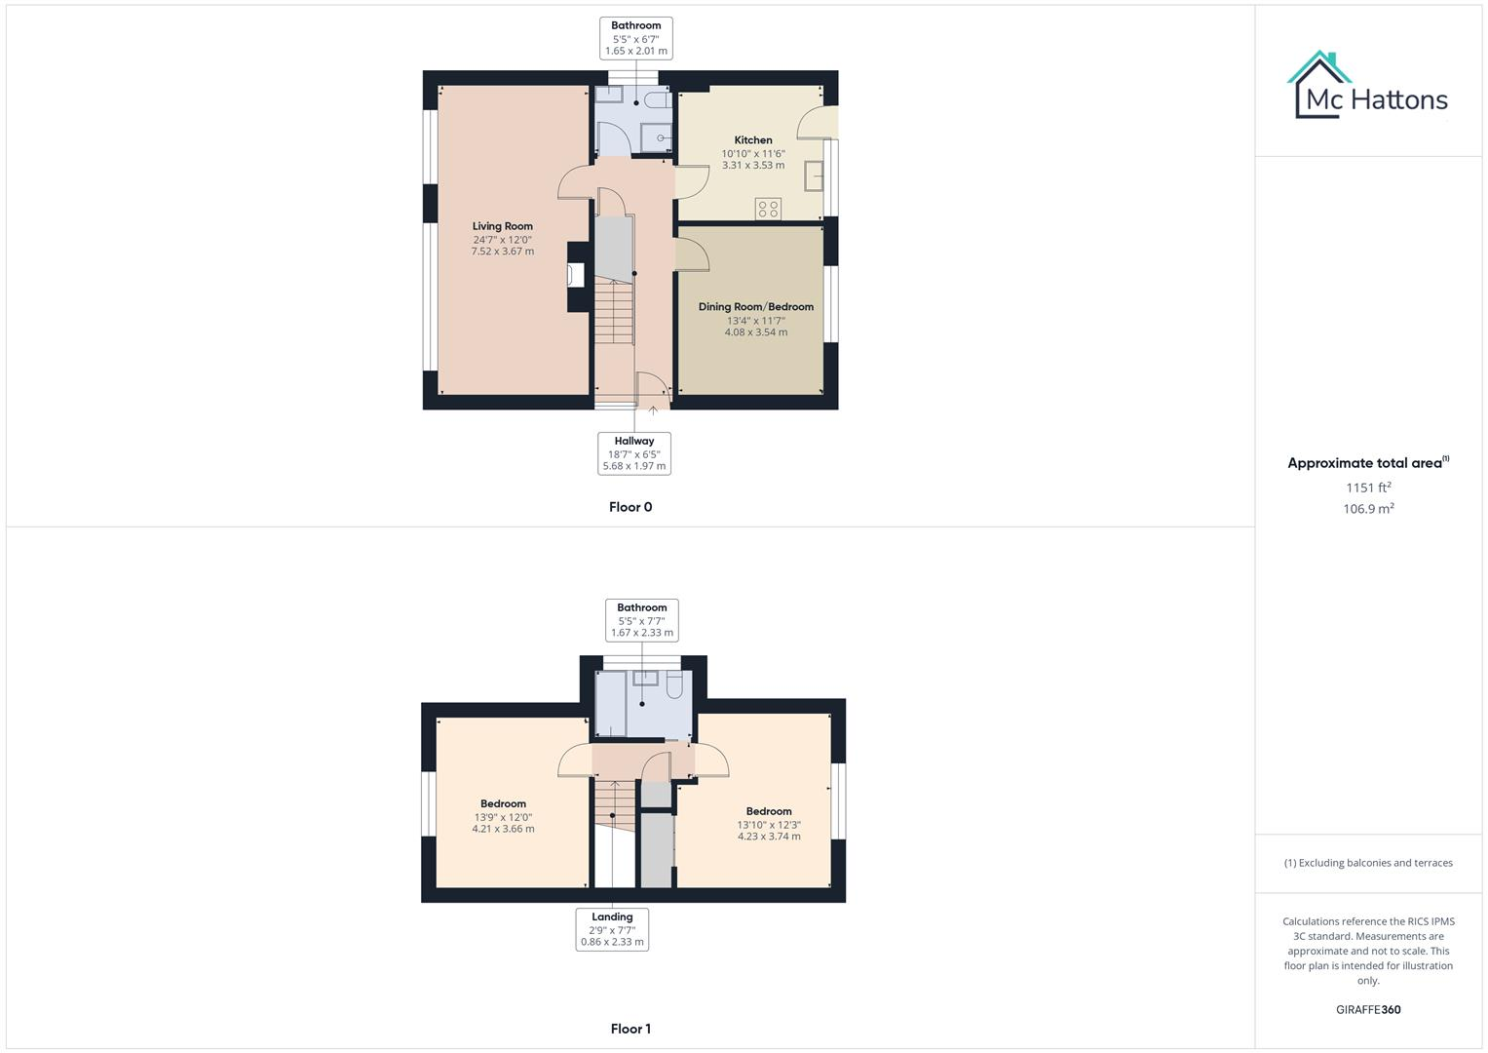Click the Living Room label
coord(502,226)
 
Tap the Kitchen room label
coord(753,140)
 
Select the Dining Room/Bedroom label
coord(755,307)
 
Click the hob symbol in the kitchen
coord(768,209)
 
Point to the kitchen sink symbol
coord(814,176)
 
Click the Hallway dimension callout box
coord(634,453)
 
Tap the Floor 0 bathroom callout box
coord(636,38)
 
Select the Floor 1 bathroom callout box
coord(641,620)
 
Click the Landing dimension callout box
coord(612,929)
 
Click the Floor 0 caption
coord(630,507)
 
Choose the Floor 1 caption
coord(630,1029)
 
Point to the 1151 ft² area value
coord(1368,487)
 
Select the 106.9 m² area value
coord(1368,509)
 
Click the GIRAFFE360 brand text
coord(1368,1010)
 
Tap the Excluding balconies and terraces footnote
coord(1368,863)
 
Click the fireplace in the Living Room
coord(576,276)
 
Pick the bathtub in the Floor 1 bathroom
coord(611,703)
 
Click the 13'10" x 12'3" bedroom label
coord(769,825)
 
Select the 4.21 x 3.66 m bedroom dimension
coord(503,830)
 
